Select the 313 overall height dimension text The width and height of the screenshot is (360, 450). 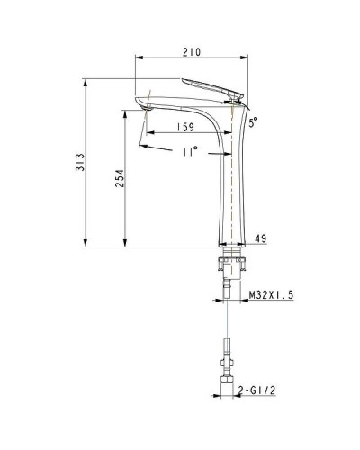tap(81, 162)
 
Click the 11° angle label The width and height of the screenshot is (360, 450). tap(188, 152)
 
